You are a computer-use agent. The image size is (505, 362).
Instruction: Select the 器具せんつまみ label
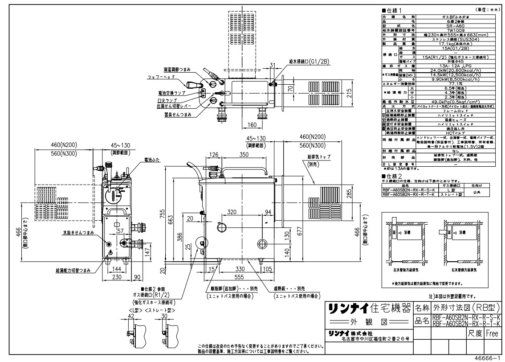[x=178, y=115]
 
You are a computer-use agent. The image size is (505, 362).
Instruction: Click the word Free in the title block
[x=492, y=333]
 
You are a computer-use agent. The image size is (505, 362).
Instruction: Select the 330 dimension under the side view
[x=240, y=269]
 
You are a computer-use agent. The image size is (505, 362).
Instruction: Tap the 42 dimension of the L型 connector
[x=130, y=316]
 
